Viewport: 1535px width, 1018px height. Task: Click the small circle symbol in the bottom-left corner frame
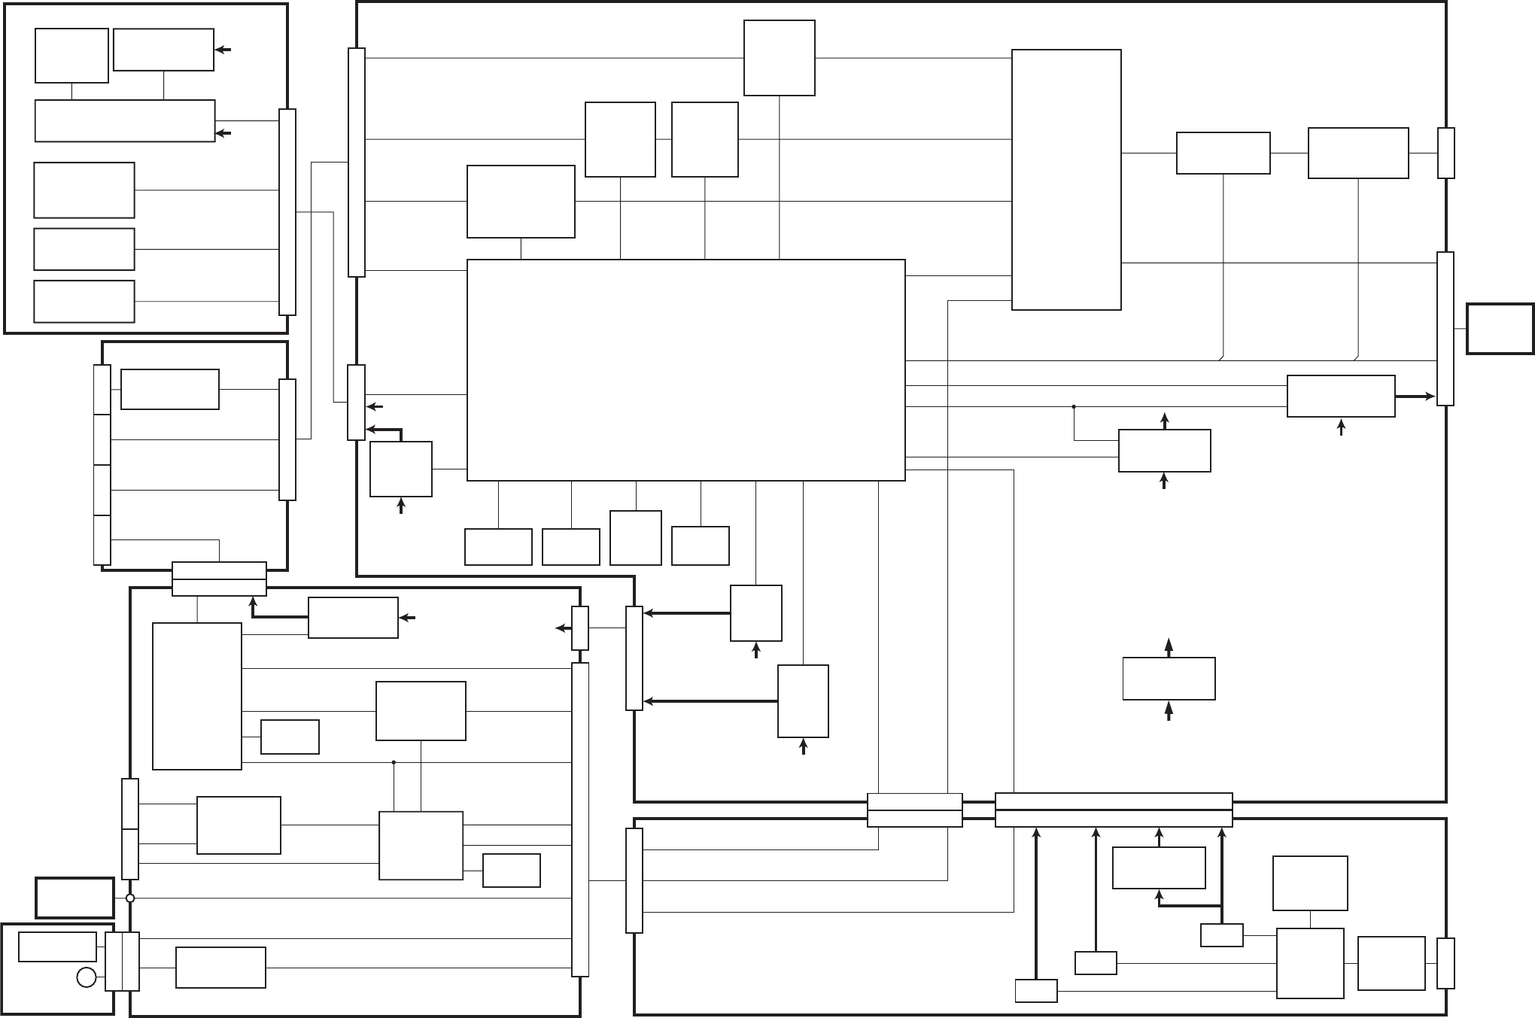pos(87,977)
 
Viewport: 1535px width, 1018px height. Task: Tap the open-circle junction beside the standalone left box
pos(130,898)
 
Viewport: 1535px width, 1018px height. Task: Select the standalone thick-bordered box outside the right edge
pos(1500,329)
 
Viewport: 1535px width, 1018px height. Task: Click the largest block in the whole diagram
pos(685,369)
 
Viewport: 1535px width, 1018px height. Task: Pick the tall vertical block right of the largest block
pos(1066,180)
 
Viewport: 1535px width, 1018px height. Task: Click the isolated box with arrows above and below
pos(1169,679)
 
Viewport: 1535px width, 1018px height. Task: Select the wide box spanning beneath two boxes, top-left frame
pos(125,120)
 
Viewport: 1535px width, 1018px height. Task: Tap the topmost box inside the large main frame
pos(779,58)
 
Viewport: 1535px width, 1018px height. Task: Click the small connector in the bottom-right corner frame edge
pos(1445,963)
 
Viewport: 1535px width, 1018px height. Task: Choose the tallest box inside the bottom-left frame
pos(197,696)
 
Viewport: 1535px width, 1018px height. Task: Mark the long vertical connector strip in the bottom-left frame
pos(580,819)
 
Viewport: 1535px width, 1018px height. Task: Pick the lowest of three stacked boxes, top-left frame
pos(84,301)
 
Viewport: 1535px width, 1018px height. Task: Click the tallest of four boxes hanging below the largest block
pos(636,537)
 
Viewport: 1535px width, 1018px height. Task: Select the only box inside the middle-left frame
pos(170,389)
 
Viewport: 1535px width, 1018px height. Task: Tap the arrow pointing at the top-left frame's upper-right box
pos(223,50)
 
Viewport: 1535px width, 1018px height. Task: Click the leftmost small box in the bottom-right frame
pos(1035,991)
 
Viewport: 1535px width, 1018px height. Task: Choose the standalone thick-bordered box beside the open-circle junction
pos(74,898)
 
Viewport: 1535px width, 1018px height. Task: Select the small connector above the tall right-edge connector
pos(1445,153)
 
